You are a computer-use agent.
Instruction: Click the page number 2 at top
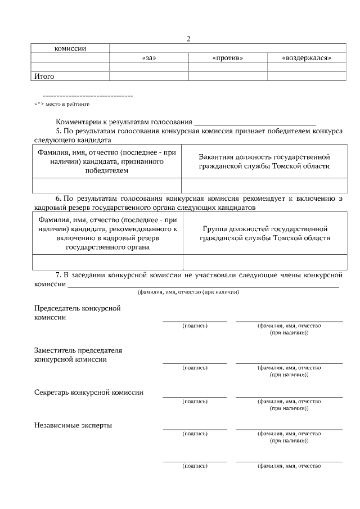pyautogui.click(x=188, y=39)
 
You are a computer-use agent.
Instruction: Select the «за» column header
pyautogui.click(x=148, y=58)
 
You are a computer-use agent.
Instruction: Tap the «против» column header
pyautogui.click(x=227, y=58)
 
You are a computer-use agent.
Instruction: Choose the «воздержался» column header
pyautogui.click(x=306, y=58)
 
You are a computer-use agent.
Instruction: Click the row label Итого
pyautogui.click(x=44, y=76)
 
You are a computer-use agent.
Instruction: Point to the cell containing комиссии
pyautogui.click(x=70, y=48)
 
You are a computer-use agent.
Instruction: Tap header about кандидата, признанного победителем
pyautogui.click(x=107, y=161)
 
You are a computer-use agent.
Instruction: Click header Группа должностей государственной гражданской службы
pyautogui.click(x=264, y=233)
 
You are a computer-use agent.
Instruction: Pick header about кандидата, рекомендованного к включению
pyautogui.click(x=107, y=233)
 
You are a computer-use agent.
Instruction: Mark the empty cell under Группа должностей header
pyautogui.click(x=264, y=262)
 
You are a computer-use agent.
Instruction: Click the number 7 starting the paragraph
pyautogui.click(x=58, y=275)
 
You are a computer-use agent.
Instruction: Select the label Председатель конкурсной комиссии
pyautogui.click(x=78, y=313)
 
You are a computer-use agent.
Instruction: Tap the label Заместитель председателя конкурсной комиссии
pyautogui.click(x=78, y=354)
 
